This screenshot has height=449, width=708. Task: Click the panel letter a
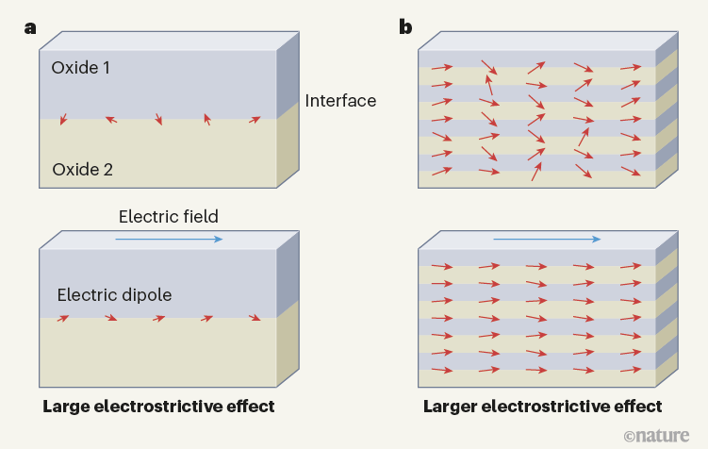click(30, 27)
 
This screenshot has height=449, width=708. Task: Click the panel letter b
click(405, 27)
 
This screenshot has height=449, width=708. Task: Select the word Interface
click(340, 101)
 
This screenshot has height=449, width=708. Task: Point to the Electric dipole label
click(114, 295)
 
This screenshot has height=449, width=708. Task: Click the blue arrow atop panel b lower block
click(546, 239)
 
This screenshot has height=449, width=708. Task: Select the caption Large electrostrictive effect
click(158, 407)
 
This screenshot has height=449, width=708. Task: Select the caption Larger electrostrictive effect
click(543, 407)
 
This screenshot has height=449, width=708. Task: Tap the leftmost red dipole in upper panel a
click(64, 119)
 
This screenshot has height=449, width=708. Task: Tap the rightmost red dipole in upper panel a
click(255, 120)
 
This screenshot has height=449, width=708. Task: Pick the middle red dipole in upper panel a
click(158, 120)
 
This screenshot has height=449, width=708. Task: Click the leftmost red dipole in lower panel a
click(63, 319)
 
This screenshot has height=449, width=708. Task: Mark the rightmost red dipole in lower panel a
click(255, 318)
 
